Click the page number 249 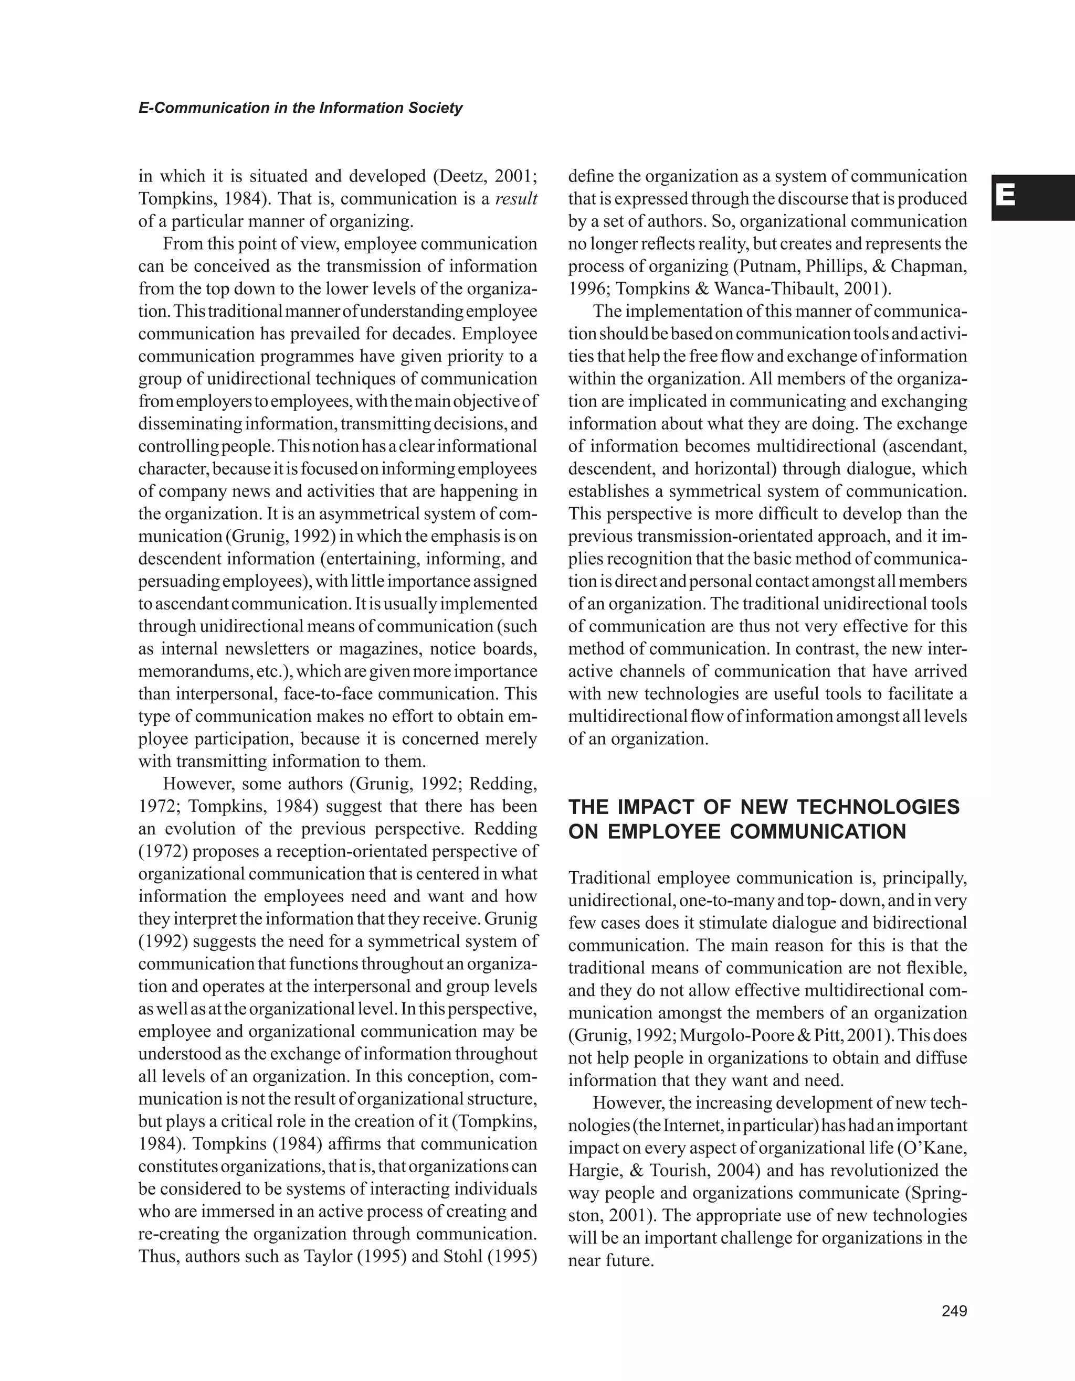pyautogui.click(x=954, y=1311)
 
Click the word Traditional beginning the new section pyautogui.click(x=610, y=877)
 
